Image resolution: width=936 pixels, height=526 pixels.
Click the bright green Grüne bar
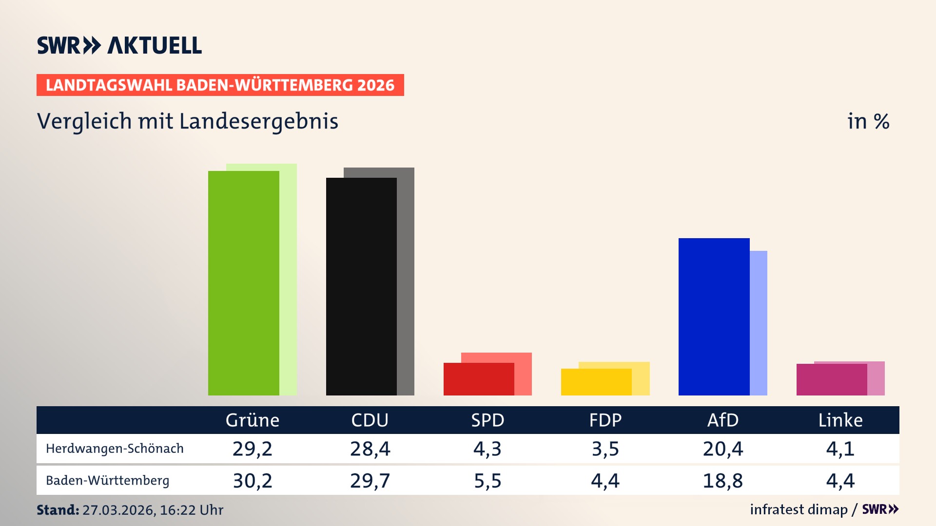[x=243, y=282]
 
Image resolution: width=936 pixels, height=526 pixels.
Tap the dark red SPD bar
[x=479, y=379]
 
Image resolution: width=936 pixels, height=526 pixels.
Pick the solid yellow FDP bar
[x=596, y=382]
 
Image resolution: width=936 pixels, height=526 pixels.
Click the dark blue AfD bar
[x=714, y=317]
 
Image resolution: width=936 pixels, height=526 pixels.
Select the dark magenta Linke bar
[x=832, y=379]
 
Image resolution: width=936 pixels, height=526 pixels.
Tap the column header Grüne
[x=252, y=420]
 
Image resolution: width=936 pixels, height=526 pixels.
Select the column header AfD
[x=722, y=420]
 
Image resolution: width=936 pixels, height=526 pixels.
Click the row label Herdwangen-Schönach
[x=115, y=449]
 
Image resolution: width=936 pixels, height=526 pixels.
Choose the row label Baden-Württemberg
[x=107, y=481]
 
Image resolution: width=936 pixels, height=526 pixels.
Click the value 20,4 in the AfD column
[x=722, y=449]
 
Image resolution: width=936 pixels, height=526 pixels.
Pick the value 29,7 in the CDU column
[x=370, y=481]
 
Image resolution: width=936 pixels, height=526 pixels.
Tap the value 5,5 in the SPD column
[x=487, y=481]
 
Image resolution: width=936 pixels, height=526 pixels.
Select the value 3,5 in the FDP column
[x=605, y=449]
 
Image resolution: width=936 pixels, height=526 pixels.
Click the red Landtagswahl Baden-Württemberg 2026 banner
[x=220, y=85]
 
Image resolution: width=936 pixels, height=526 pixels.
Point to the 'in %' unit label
[x=868, y=121]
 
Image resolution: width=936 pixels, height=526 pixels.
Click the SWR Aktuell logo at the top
[x=119, y=45]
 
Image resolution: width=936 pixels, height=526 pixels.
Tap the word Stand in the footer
[x=57, y=510]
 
